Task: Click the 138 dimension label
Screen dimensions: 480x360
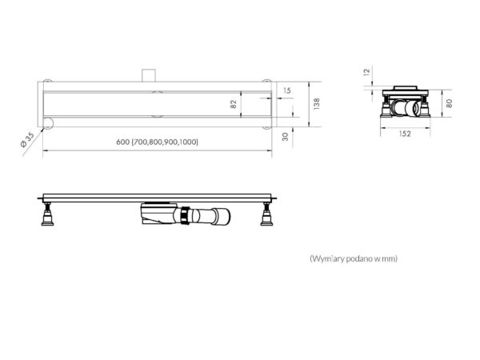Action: [317, 104]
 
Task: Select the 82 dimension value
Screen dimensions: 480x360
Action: [234, 104]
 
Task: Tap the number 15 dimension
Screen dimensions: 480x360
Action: [287, 90]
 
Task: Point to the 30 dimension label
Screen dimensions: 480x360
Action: [286, 137]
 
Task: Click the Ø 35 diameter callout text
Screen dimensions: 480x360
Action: [27, 140]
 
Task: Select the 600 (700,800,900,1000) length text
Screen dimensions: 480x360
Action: [158, 142]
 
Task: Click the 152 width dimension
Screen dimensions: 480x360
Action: [405, 134]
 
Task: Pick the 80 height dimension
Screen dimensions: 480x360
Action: [449, 103]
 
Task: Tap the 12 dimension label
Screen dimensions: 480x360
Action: [366, 72]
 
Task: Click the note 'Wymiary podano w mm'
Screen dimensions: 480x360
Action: [354, 258]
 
